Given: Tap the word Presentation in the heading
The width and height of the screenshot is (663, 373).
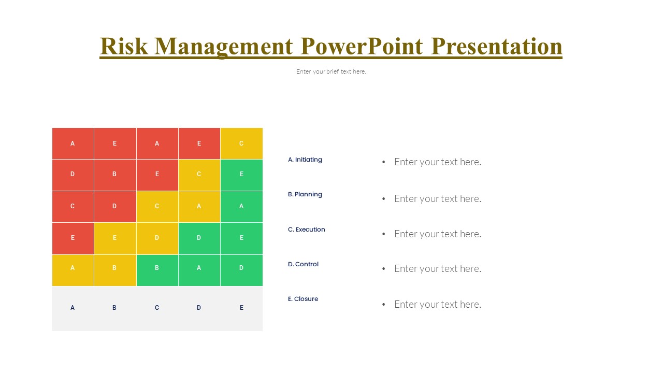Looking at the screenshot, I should [496, 46].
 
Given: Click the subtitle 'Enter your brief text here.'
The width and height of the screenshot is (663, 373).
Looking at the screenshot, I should [331, 71].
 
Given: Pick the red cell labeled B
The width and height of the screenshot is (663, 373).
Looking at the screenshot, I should [115, 175].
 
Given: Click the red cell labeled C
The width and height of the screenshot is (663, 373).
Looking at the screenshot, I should [73, 206].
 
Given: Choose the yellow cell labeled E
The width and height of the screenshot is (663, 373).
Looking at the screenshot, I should [115, 238].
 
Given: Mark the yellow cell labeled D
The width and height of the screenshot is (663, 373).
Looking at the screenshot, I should [157, 238].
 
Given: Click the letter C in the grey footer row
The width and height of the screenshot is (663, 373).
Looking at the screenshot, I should [157, 308].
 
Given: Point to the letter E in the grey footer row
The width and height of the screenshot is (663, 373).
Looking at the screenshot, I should [241, 308].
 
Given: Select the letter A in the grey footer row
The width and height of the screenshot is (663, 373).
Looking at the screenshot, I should [73, 308].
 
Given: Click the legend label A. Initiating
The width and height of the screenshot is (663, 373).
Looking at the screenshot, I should [305, 160].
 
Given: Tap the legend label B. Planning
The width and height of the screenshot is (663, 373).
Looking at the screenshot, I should [305, 194].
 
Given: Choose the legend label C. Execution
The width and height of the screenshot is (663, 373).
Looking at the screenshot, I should [307, 229].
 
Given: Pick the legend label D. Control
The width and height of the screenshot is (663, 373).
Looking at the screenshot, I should [304, 264].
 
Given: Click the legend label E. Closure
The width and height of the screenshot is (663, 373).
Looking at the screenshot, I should [303, 299].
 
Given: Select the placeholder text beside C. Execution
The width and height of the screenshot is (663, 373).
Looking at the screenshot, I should [437, 234].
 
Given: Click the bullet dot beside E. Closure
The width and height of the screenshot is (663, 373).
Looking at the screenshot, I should [384, 305].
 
